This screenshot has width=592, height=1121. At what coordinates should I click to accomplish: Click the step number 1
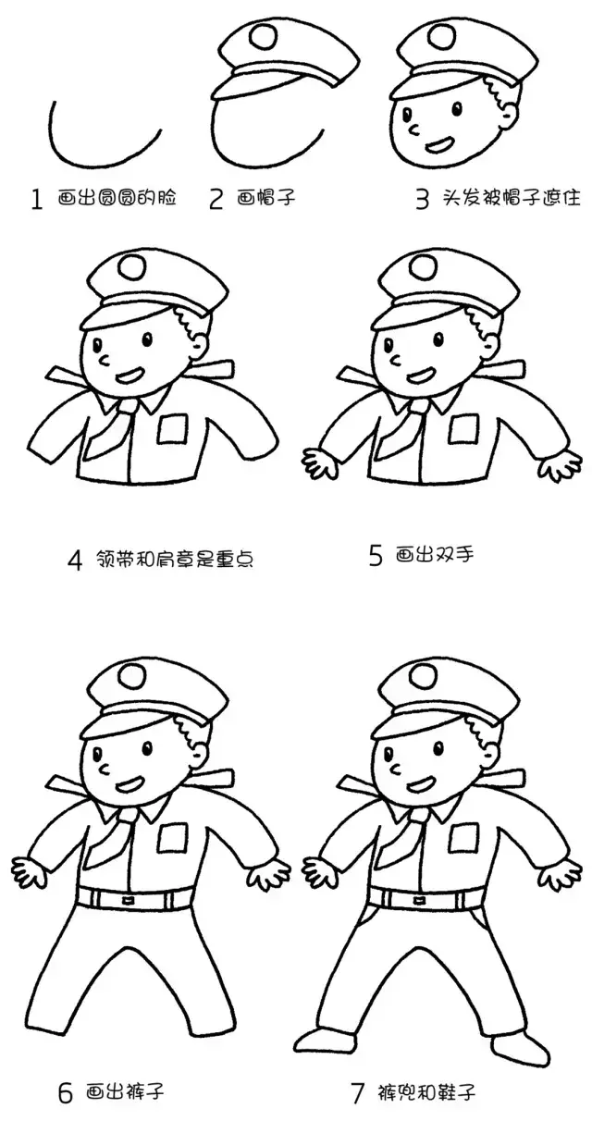tap(36, 199)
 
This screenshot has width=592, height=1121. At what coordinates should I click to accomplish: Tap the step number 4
tap(75, 560)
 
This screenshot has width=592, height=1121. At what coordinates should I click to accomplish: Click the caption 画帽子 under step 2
tap(266, 199)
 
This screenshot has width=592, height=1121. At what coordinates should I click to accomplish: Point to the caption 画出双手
tap(435, 555)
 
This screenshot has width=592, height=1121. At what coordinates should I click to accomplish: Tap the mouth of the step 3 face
tap(438, 144)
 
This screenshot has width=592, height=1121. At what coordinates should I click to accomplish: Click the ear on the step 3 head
tap(511, 115)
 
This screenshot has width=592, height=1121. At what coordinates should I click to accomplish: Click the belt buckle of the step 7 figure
tap(419, 900)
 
